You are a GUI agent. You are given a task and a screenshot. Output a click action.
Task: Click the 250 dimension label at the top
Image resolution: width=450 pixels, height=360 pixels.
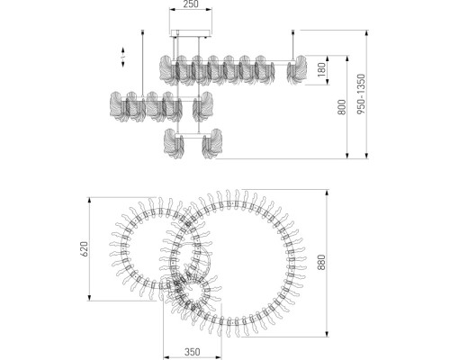coord(191,4)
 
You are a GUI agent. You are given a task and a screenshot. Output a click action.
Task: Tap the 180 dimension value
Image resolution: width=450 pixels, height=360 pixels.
coord(321,69)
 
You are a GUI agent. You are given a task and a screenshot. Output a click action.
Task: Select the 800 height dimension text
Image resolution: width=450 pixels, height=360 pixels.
coord(341,107)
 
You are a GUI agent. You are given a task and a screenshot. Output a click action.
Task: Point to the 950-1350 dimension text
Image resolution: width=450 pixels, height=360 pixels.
coord(361,94)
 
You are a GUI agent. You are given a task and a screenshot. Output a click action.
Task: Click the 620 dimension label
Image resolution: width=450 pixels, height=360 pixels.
coord(85,249)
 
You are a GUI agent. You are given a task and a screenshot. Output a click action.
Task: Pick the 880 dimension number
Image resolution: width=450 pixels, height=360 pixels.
coord(321,262)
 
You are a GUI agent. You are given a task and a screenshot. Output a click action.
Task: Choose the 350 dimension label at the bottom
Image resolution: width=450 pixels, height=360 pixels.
coord(192,351)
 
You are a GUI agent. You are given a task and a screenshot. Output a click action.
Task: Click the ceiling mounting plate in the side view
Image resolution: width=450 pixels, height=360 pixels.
coord(191,33)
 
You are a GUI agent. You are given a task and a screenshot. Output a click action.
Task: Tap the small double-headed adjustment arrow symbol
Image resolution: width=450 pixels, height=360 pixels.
coord(123,57)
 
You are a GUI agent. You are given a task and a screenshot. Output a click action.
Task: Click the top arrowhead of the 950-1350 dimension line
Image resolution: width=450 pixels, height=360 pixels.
coord(366,32)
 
